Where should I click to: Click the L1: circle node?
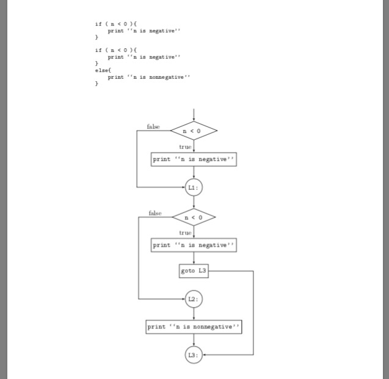pos(194,187)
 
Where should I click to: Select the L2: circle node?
pos(194,299)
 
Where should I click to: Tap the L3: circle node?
pos(194,355)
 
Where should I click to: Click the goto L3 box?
pos(194,270)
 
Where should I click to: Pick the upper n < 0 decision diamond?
pos(194,131)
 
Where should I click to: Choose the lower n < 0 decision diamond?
pos(194,217)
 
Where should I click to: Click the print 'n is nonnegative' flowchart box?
pos(194,327)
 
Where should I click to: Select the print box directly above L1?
pos(194,159)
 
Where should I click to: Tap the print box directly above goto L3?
pos(194,245)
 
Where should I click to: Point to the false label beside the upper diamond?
pos(153,126)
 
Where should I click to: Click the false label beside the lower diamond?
pos(155,213)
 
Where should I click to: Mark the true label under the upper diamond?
pos(185,146)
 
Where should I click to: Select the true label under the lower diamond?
pos(185,233)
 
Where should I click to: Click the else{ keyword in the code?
pos(101,70)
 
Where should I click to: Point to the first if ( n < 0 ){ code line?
pos(116,24)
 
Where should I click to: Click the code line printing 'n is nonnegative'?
pos(148,78)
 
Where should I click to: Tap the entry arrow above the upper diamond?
pos(194,115)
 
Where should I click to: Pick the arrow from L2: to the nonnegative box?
pos(194,313)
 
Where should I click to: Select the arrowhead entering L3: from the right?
pos(205,355)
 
